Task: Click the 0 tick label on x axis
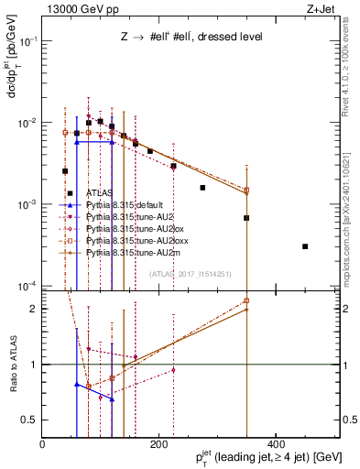coord(42,444)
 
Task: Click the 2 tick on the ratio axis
coord(33,309)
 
